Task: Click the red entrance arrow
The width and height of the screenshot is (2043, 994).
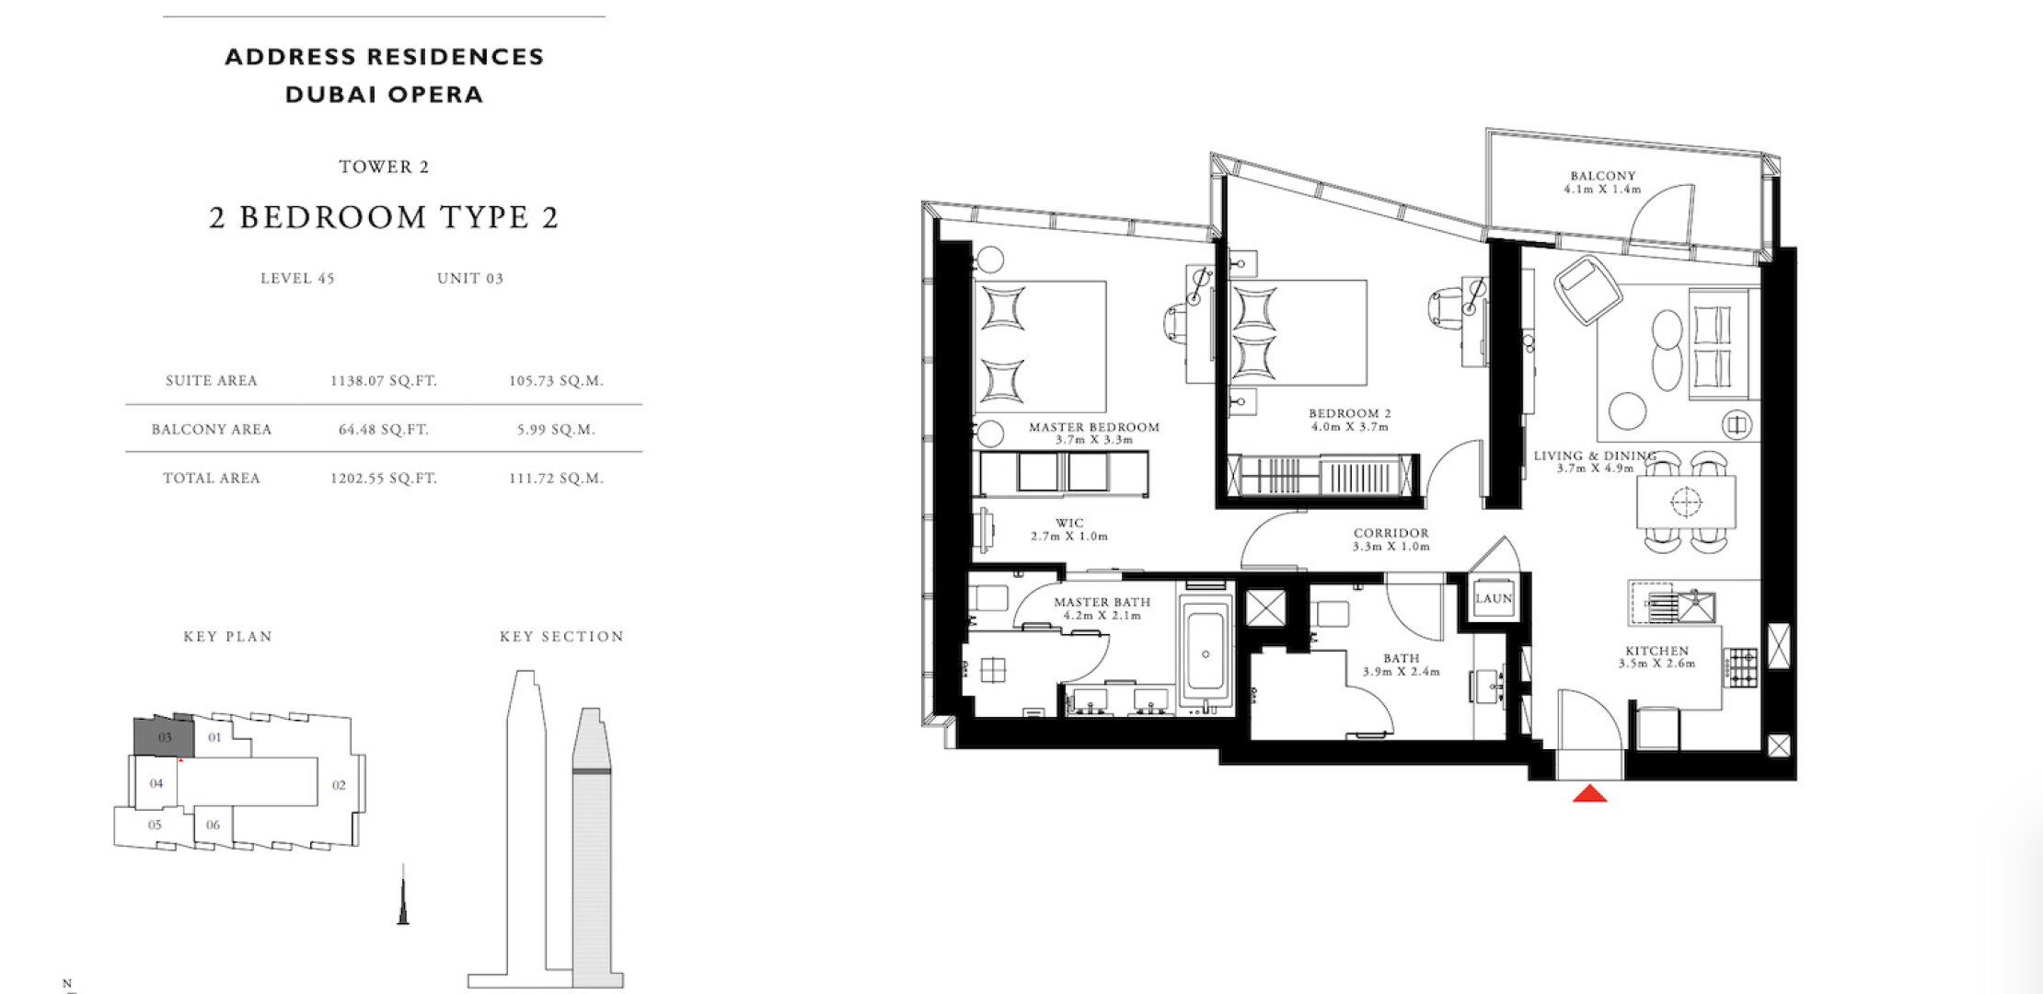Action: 1589,793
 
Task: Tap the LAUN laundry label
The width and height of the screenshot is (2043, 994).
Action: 1494,598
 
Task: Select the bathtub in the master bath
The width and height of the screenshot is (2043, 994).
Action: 1206,652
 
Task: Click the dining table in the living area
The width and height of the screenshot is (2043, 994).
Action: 1686,502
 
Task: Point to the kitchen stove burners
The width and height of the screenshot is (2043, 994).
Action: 1740,668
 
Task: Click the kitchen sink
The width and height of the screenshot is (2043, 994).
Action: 1694,606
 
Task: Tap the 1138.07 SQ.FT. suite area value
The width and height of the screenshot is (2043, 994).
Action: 383,380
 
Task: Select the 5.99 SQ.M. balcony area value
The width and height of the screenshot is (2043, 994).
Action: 556,429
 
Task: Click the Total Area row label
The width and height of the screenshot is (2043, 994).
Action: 212,478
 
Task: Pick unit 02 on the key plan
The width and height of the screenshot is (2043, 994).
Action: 339,785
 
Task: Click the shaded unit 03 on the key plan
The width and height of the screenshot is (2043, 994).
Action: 165,736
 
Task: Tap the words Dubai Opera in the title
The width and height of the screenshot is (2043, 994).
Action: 385,95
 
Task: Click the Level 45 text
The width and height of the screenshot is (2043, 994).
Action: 297,278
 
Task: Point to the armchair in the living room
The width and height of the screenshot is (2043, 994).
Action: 1587,289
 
